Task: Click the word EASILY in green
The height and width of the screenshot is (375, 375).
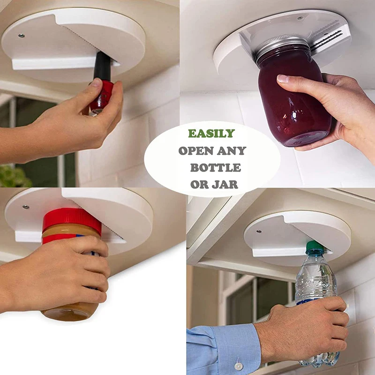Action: pos(211,134)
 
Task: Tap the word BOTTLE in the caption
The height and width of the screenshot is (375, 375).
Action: pos(216,168)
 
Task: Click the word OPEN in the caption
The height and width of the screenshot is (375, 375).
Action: pos(196,150)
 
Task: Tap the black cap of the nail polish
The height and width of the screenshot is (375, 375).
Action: pos(103,66)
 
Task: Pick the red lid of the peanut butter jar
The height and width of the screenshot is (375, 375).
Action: pos(72,219)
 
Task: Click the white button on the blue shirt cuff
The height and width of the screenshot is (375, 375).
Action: pos(238,366)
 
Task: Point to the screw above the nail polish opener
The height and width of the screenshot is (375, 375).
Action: pos(21,36)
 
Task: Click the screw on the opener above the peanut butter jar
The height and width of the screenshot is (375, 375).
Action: pos(25,207)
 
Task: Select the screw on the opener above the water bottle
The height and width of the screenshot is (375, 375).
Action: pos(259,232)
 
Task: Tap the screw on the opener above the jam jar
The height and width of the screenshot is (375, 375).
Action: pos(300,18)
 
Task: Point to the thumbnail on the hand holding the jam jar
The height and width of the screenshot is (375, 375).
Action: pos(283,78)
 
